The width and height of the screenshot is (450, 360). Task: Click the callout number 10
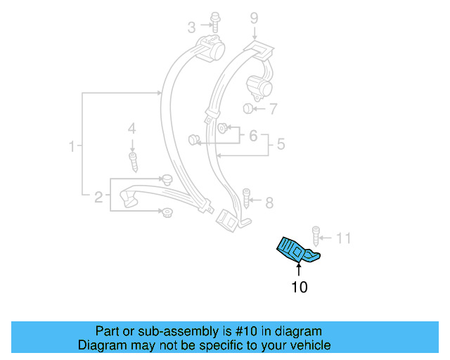click(x=299, y=287)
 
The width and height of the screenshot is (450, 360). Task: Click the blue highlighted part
click(x=297, y=249)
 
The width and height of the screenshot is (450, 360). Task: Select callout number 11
click(x=342, y=238)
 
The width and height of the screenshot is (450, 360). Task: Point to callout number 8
click(x=269, y=202)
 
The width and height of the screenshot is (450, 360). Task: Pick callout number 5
click(x=281, y=145)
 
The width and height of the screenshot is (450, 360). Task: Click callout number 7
click(x=272, y=109)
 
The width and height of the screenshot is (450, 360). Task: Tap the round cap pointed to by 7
click(x=248, y=108)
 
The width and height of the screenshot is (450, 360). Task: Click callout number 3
click(x=191, y=27)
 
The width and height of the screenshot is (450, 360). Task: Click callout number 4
click(x=131, y=129)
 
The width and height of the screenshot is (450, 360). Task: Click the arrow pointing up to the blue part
click(x=298, y=269)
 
